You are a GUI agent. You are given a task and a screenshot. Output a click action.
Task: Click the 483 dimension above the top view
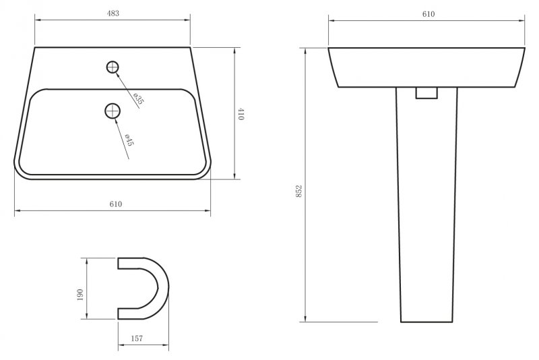click(113, 13)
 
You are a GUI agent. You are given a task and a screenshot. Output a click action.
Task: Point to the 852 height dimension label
click(298, 191)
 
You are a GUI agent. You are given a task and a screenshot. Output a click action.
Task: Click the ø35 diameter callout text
click(137, 98)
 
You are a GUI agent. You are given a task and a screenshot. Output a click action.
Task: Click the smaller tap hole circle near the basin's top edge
click(113, 66)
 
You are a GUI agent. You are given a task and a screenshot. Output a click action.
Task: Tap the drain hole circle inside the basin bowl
click(113, 111)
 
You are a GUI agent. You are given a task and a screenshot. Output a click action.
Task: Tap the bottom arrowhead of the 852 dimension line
click(306, 319)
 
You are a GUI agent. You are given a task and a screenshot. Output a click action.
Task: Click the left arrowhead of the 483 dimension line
click(36, 21)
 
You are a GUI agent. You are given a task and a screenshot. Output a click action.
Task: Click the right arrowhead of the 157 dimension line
click(166, 345)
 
